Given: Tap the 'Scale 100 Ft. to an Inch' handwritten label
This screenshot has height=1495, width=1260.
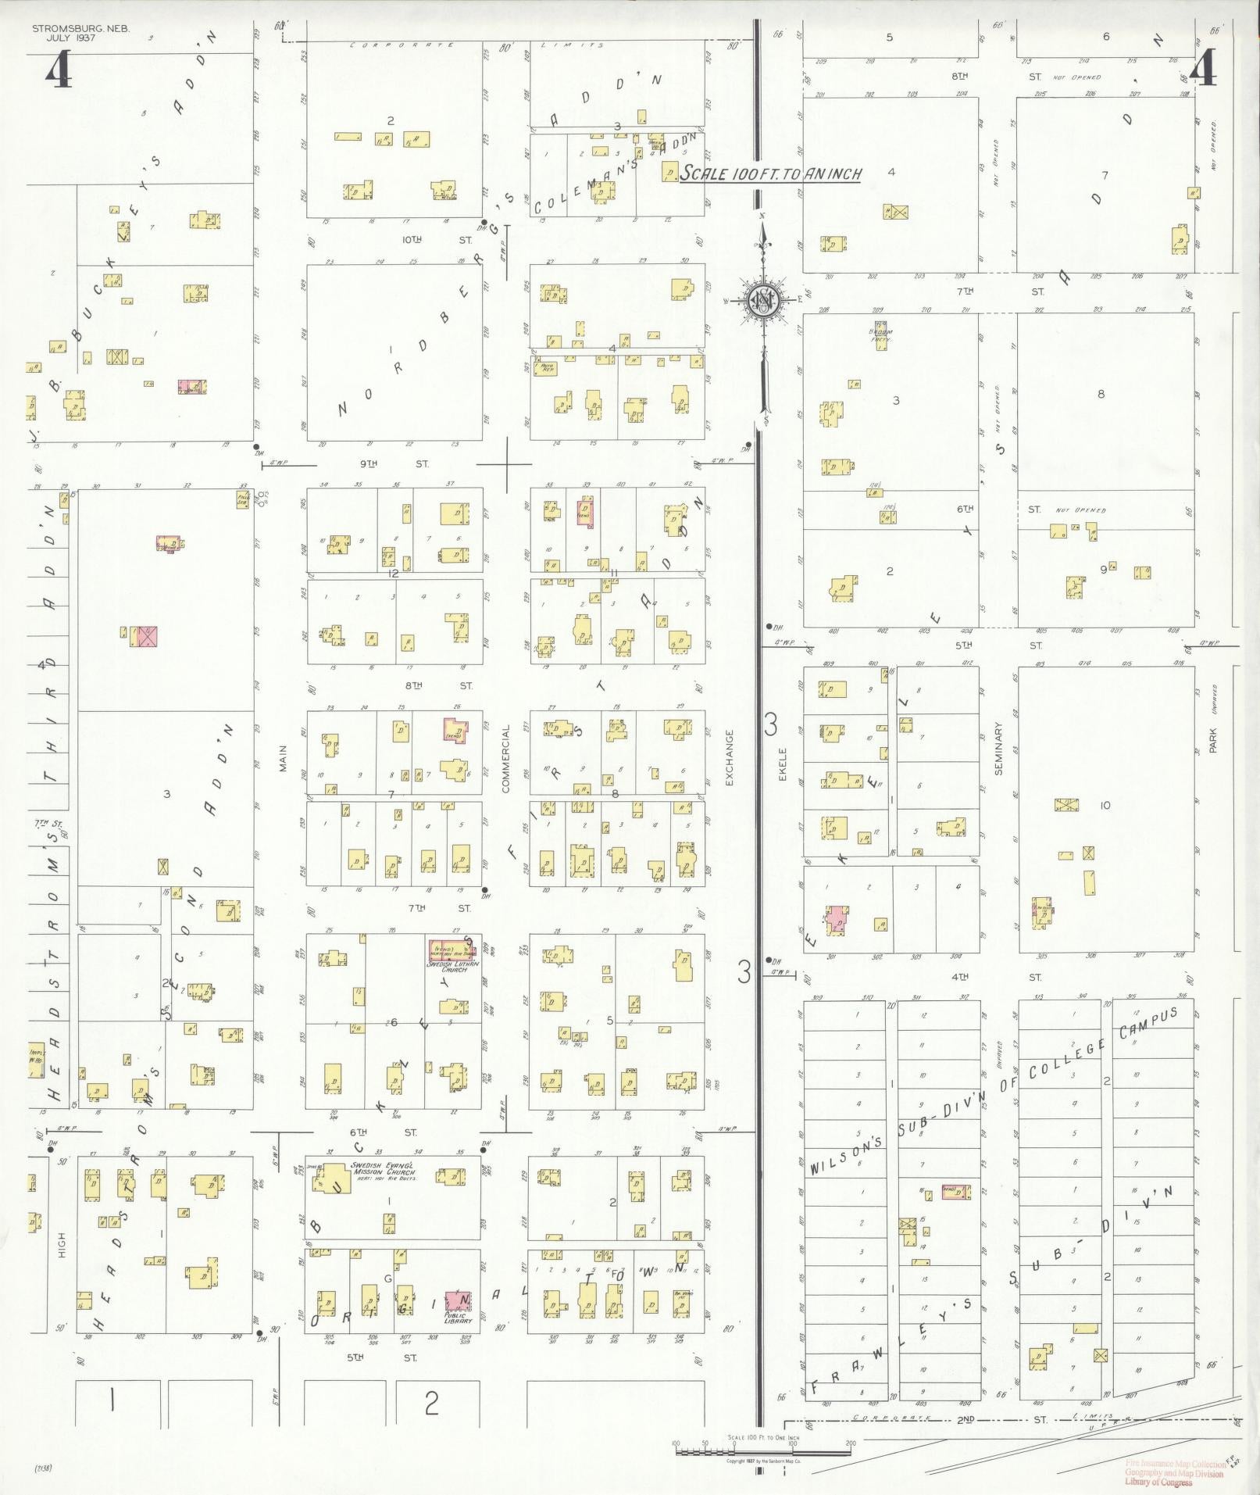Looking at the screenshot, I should pyautogui.click(x=770, y=174).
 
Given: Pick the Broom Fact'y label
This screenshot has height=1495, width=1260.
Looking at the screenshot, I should pyautogui.click(x=880, y=337).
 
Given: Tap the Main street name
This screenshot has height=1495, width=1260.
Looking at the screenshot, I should pyautogui.click(x=284, y=758).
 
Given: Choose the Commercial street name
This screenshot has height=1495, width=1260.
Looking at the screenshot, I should pyautogui.click(x=505, y=758).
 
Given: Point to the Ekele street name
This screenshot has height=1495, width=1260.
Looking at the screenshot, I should pyautogui.click(x=782, y=765).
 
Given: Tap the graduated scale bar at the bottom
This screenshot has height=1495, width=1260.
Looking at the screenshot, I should pyautogui.click(x=762, y=1451).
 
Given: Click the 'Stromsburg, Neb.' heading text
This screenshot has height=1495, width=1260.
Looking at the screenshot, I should pyautogui.click(x=81, y=28).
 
